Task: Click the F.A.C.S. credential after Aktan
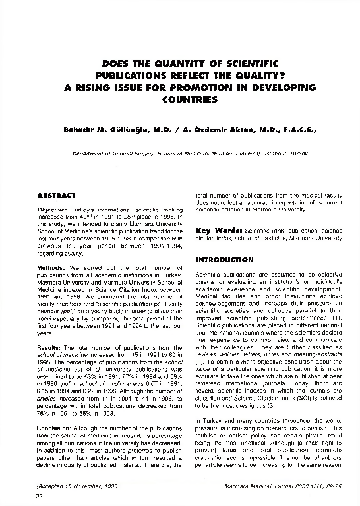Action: [x=297, y=130]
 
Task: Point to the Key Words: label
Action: [x=219, y=231]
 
